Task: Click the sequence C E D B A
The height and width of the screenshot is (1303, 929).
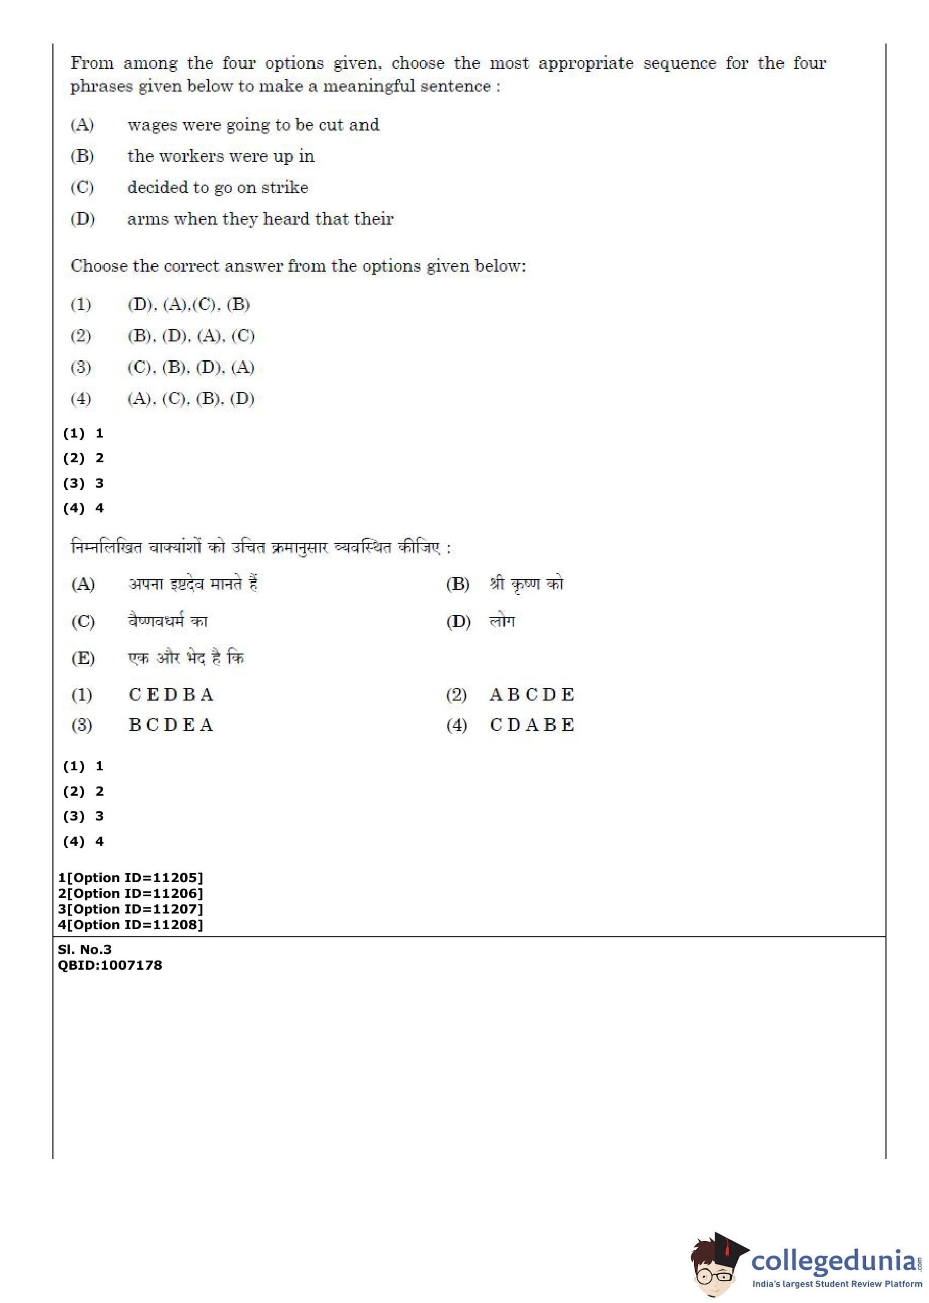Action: point(171,694)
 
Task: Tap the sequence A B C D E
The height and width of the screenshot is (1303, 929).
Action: point(532,694)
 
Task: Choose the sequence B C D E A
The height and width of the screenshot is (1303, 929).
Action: point(171,725)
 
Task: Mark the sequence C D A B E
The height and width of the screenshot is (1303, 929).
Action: point(532,725)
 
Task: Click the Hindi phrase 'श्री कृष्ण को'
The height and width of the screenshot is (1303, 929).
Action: point(526,584)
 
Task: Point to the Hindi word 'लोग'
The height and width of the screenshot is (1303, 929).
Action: point(502,622)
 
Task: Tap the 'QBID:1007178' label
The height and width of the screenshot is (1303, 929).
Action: point(110,965)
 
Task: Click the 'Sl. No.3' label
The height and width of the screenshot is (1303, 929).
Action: point(85,949)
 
